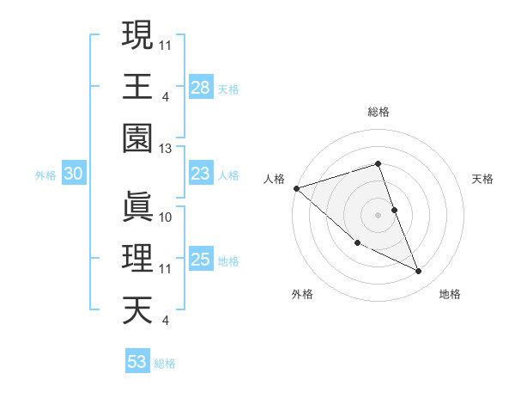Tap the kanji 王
[x=137, y=86]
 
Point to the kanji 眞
[x=137, y=206]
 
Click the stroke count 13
[x=166, y=149]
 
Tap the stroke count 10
[x=166, y=217]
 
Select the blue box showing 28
[x=200, y=87]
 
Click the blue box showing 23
[x=200, y=174]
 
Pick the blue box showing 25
[x=200, y=259]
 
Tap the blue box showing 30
[x=73, y=174]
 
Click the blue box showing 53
[x=137, y=362]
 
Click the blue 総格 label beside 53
[x=165, y=364]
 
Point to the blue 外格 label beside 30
[x=45, y=175]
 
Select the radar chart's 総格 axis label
[x=379, y=113]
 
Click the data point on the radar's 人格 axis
[x=296, y=187]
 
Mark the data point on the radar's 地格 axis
[x=419, y=272]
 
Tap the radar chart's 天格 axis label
[x=482, y=179]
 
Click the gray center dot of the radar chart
[x=379, y=215]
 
